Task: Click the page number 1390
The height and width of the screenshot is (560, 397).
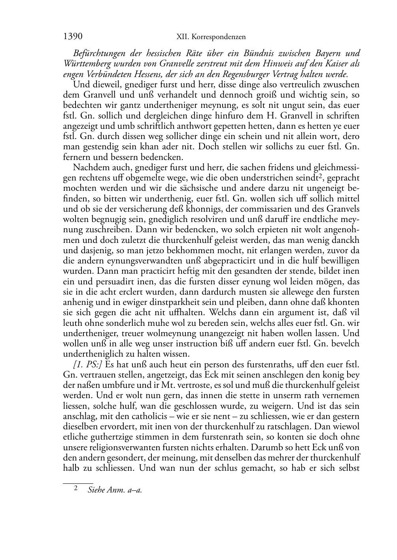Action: coord(73,37)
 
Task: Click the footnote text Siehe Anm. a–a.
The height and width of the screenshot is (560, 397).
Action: coord(115,490)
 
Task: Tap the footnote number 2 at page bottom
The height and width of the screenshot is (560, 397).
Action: coord(76,489)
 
